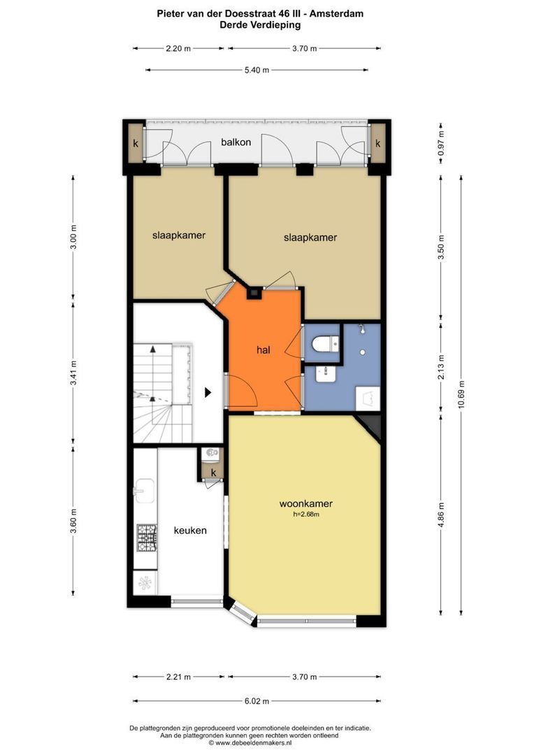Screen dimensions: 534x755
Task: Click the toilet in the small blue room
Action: pos(326,344)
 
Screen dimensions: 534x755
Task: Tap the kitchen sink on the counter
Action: pos(144,491)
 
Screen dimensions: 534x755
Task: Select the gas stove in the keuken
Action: pos(147,538)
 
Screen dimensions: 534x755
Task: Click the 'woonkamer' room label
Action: pos(305,503)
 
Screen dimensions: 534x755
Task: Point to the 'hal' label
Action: pos(264,350)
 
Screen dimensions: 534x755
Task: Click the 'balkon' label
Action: pos(236,142)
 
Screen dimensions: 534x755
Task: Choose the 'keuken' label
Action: pos(190,530)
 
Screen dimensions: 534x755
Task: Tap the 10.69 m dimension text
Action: pos(462,395)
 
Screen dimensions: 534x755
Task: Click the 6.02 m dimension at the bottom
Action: pos(257,701)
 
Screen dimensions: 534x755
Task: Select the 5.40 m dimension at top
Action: pos(257,70)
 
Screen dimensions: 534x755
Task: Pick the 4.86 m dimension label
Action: pos(441,516)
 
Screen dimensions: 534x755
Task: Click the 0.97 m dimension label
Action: pos(441,143)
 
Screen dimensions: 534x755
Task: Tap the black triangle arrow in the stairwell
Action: pos(208,392)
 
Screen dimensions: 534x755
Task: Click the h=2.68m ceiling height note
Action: pos(306,515)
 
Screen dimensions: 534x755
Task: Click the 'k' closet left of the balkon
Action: pos(136,143)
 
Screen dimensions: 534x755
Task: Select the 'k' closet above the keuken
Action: pos(213,473)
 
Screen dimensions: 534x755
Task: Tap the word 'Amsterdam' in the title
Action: pos(336,14)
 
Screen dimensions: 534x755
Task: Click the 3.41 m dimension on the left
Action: pos(73,373)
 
